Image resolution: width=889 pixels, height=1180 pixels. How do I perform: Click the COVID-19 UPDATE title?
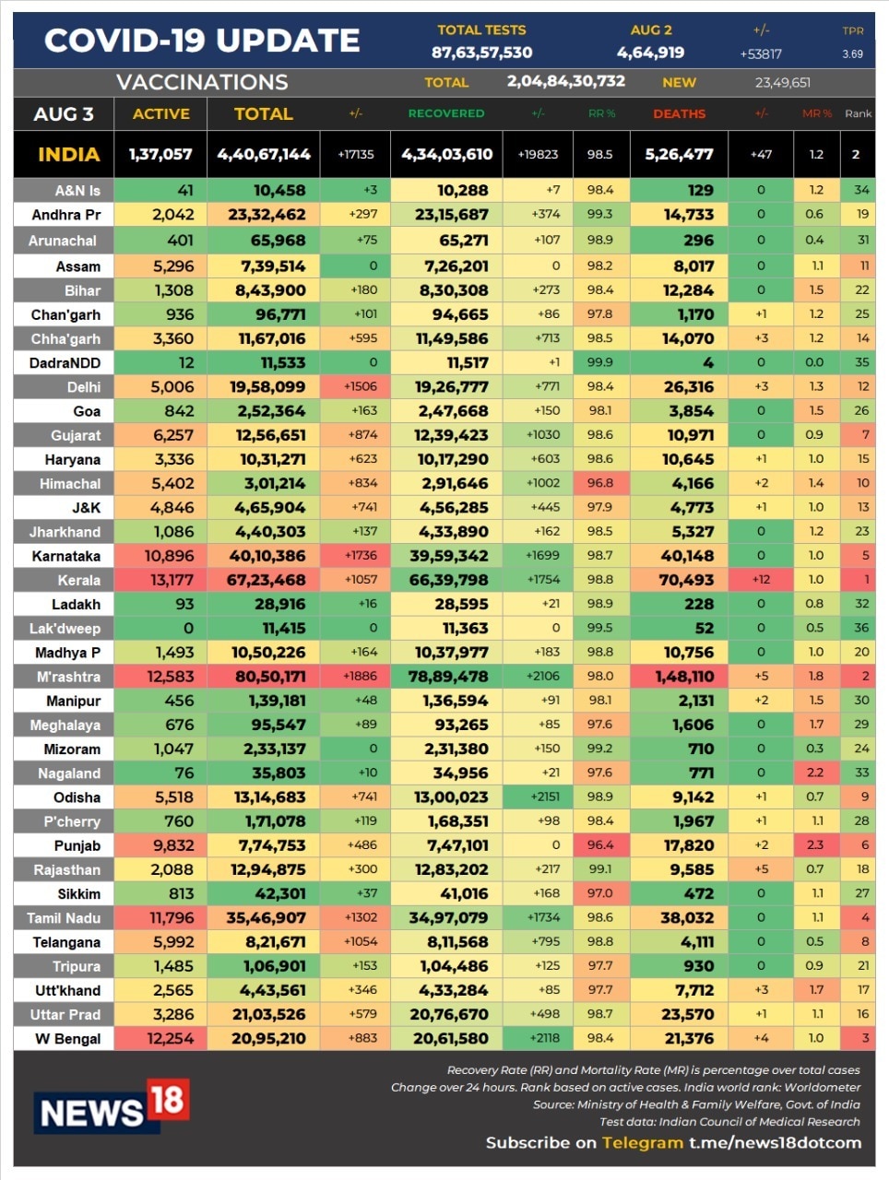click(x=202, y=41)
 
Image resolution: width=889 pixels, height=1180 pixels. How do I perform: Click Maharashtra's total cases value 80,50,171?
click(x=264, y=677)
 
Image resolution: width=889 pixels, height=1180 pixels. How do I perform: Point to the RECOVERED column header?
click(x=446, y=113)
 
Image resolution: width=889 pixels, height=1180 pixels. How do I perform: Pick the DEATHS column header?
click(x=679, y=113)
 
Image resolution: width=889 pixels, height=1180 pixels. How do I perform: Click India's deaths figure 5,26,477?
click(x=679, y=154)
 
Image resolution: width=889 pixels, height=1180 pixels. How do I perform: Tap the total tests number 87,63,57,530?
click(x=481, y=53)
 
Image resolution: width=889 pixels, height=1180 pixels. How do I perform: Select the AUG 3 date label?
click(x=64, y=114)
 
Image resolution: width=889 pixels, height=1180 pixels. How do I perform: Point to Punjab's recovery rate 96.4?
click(x=599, y=844)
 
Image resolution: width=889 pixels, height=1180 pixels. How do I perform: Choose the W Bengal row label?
click(x=67, y=1039)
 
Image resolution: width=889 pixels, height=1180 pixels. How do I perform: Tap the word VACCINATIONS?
click(x=202, y=82)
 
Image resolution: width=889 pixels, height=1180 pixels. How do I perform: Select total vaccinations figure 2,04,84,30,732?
click(x=565, y=81)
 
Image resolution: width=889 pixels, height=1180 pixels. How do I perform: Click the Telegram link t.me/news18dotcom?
click(x=775, y=1142)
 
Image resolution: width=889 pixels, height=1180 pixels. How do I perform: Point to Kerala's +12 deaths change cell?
click(x=761, y=579)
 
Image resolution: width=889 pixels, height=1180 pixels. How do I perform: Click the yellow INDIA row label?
click(x=68, y=154)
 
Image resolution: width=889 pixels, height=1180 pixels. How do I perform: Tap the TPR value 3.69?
click(x=852, y=54)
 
